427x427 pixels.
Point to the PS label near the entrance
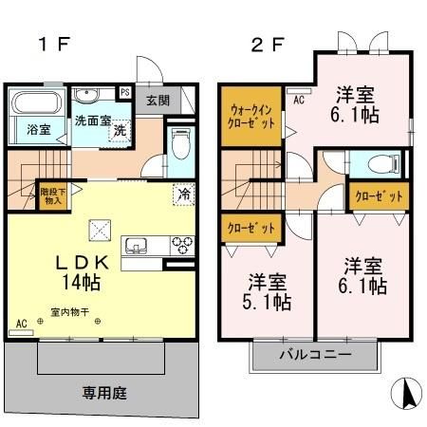pos(125,93)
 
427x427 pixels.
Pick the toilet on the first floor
pos(182,145)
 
